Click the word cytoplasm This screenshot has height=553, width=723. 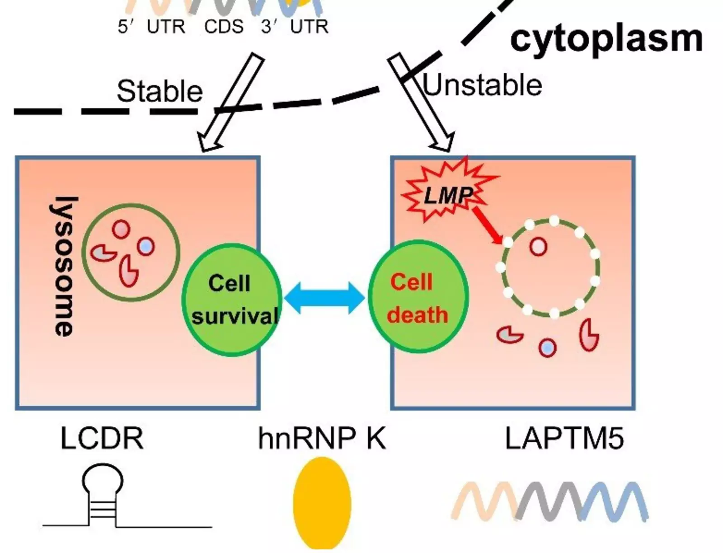[x=606, y=39]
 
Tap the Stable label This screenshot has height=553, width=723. [x=160, y=92]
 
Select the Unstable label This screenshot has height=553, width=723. [x=483, y=85]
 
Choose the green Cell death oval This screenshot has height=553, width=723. [x=418, y=297]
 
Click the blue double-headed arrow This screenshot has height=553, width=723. [x=324, y=298]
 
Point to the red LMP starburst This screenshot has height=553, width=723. [x=447, y=192]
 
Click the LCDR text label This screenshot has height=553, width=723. [x=102, y=438]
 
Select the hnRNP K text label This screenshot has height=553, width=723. [x=322, y=438]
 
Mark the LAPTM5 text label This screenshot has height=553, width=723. [x=564, y=438]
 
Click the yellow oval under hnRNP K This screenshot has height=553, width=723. [x=322, y=502]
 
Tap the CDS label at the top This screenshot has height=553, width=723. [x=224, y=27]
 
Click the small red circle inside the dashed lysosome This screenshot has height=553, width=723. [x=538, y=247]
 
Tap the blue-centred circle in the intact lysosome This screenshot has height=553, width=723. [x=146, y=247]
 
